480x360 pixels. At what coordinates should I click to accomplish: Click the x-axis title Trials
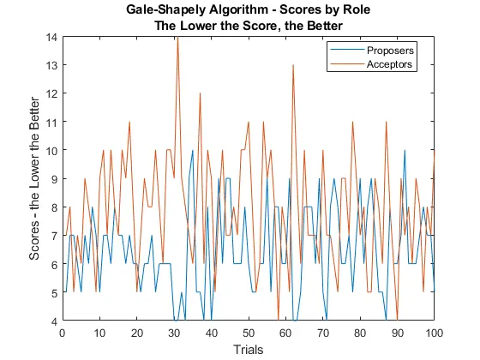(x=248, y=349)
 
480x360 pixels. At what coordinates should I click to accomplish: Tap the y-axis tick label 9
(x=53, y=179)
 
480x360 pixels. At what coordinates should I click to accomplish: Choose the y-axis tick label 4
(x=53, y=321)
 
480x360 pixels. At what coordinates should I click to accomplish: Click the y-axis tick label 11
(x=51, y=122)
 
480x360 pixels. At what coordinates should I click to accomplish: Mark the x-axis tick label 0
(x=63, y=333)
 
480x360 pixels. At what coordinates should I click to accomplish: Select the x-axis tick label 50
(x=249, y=333)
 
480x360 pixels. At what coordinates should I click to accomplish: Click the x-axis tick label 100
(x=434, y=333)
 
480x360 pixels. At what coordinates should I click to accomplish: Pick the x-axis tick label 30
(x=174, y=333)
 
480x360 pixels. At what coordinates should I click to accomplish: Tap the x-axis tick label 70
(x=322, y=333)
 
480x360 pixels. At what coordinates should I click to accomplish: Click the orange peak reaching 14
(x=177, y=39)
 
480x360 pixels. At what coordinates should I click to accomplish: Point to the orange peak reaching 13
(x=292, y=66)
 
